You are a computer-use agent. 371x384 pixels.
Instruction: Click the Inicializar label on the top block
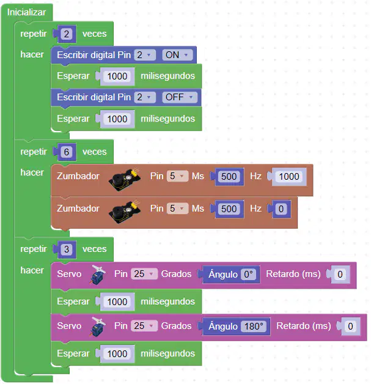(x=26, y=12)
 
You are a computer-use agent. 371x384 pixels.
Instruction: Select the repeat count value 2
(x=67, y=34)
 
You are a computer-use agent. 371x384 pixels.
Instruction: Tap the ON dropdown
(x=177, y=55)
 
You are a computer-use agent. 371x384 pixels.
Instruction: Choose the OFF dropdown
(x=179, y=97)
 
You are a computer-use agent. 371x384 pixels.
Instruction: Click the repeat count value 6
(x=67, y=152)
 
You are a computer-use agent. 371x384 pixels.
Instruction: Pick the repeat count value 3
(x=67, y=249)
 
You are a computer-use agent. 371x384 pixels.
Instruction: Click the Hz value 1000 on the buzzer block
(x=289, y=176)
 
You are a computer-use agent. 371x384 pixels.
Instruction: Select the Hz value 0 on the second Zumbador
(x=281, y=209)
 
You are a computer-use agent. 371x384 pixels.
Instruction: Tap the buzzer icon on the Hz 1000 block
(x=125, y=180)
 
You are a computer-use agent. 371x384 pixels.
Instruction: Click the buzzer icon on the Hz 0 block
(x=125, y=212)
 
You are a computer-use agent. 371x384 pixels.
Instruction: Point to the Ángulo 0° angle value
(x=248, y=275)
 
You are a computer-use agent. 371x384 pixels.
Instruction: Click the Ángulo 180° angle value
(x=254, y=326)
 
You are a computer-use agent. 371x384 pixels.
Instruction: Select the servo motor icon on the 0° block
(x=98, y=275)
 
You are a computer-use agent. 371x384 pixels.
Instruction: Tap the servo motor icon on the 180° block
(x=98, y=327)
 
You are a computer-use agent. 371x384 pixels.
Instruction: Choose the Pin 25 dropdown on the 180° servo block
(x=144, y=326)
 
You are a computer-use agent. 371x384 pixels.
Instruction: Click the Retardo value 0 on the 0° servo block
(x=340, y=275)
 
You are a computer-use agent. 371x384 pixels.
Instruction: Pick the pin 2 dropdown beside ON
(x=145, y=55)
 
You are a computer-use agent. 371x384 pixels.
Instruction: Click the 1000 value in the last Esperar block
(x=117, y=354)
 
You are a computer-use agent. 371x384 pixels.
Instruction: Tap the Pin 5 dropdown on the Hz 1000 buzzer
(x=177, y=176)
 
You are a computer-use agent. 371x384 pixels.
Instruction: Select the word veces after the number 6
(x=95, y=152)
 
